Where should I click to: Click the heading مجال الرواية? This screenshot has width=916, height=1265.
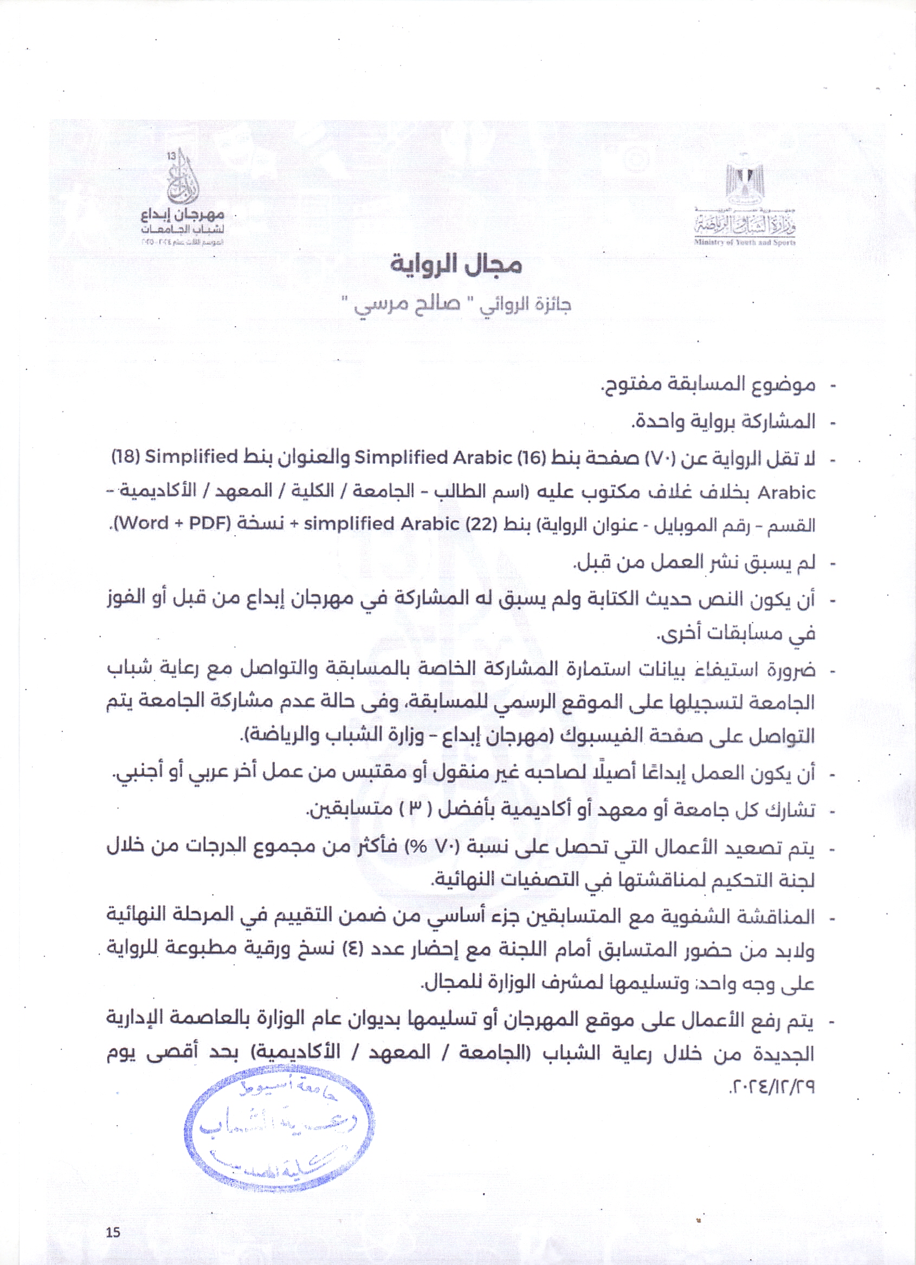point(456,265)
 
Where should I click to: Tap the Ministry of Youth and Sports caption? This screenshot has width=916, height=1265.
point(745,243)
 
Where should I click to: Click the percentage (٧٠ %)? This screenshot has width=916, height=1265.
point(425,848)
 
